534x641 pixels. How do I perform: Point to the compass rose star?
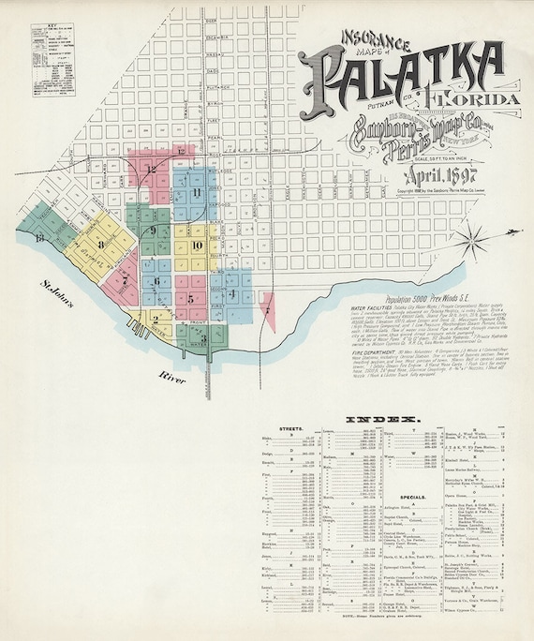[509, 231]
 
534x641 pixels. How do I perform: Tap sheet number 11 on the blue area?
[197, 192]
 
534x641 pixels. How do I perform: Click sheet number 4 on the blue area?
[231, 293]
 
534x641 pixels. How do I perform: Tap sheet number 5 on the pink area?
[190, 299]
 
